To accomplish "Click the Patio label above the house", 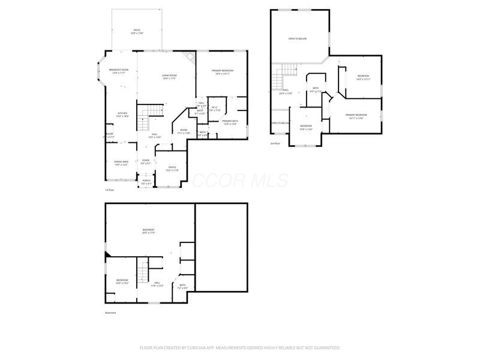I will (136, 31).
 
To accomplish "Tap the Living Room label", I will (169, 76).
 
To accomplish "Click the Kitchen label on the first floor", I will (122, 115).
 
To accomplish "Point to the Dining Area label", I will (122, 163).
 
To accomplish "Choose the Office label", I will (172, 169).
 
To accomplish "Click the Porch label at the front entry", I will (146, 181).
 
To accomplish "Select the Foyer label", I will (145, 161).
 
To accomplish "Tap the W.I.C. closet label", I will (214, 109).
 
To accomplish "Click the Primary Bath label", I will (230, 122).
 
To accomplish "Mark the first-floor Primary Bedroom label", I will (222, 72).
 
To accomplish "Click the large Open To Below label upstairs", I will (298, 38).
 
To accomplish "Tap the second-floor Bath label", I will (316, 90).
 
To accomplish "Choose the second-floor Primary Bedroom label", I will (356, 116).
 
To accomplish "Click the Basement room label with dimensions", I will (148, 232).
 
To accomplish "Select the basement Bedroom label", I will (122, 281).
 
